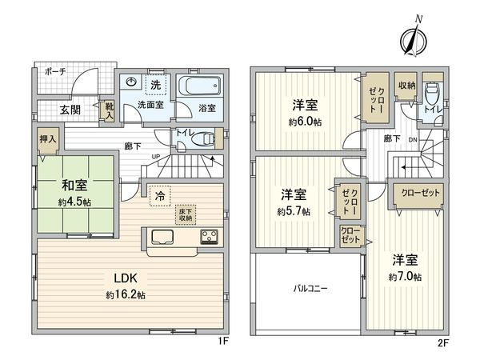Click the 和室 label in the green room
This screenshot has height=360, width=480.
pyautogui.click(x=74, y=184)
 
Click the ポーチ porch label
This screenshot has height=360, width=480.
pyautogui.click(x=55, y=71)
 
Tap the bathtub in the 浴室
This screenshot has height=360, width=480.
pyautogui.click(x=197, y=86)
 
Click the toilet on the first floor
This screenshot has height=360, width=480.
pyautogui.click(x=202, y=138)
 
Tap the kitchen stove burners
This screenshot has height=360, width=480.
pyautogui.click(x=210, y=237)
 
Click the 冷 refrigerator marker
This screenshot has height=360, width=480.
pyautogui.click(x=160, y=194)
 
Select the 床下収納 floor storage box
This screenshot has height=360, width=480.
pyautogui.click(x=186, y=213)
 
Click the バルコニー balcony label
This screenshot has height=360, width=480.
pyautogui.click(x=309, y=288)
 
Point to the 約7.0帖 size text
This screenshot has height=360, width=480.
pyautogui.click(x=406, y=276)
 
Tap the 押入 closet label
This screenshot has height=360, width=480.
pyautogui.click(x=48, y=139)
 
